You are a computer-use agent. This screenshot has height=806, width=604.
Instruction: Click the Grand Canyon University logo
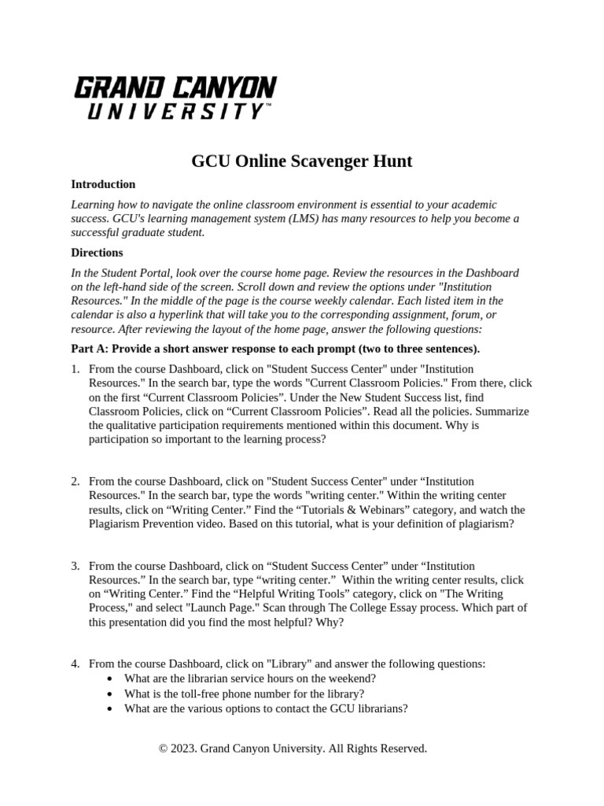click(x=174, y=98)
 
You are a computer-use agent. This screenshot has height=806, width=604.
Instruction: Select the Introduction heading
click(x=103, y=184)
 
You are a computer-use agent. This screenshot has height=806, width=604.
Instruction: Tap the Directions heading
click(x=97, y=253)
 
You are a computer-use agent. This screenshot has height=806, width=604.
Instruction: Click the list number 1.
click(x=75, y=369)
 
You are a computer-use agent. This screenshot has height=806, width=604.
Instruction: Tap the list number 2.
click(x=75, y=481)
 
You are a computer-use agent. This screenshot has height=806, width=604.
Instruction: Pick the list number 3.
click(x=75, y=566)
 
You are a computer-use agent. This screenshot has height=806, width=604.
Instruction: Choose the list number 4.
click(x=75, y=664)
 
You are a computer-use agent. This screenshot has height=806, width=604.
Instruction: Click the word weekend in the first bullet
click(x=353, y=678)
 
